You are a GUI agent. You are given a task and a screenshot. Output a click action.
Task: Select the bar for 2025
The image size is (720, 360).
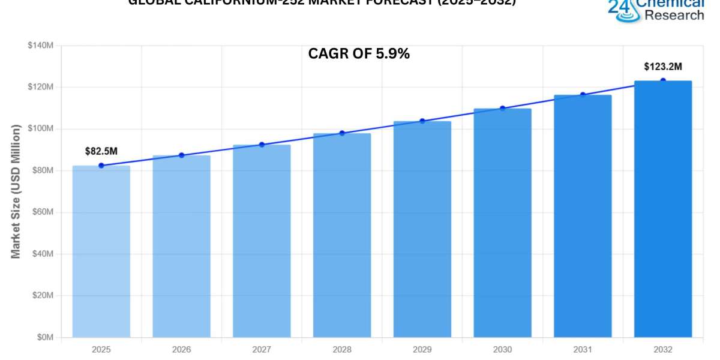pos(101,251)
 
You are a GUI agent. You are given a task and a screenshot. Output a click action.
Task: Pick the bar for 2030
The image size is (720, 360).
pos(502,223)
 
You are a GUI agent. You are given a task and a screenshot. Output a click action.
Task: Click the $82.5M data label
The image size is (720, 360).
pos(101,151)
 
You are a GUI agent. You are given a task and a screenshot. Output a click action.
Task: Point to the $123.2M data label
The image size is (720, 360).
pos(662,66)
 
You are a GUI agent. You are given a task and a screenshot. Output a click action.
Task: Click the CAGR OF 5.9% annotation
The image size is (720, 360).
pos(359,53)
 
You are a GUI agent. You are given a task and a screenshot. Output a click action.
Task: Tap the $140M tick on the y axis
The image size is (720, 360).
pos(41,46)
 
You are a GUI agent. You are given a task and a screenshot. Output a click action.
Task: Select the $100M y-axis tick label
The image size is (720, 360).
pos(41,129)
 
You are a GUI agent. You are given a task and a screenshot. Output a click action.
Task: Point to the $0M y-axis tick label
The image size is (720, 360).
pos(44,337)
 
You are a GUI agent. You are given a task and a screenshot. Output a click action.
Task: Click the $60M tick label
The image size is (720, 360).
pos(43,212)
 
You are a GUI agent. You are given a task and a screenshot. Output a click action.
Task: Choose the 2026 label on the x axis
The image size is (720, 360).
pos(181,349)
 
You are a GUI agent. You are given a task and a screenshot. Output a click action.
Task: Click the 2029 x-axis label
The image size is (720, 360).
pos(422,349)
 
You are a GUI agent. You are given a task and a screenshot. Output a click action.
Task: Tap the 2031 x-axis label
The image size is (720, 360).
pos(583,349)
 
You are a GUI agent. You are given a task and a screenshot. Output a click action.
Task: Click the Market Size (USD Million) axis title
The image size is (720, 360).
pos(16,191)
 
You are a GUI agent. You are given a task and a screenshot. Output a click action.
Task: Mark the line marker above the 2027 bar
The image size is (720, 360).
pos(262,145)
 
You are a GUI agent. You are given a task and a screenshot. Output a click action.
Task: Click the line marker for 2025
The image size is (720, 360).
pos(101,166)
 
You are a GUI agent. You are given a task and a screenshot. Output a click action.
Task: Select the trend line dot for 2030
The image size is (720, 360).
pos(502,109)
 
